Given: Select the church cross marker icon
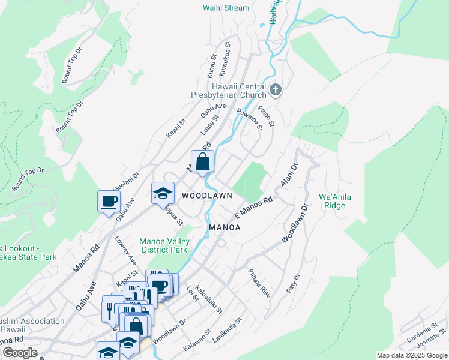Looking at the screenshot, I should (x=276, y=91).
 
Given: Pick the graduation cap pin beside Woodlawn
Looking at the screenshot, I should (x=163, y=193).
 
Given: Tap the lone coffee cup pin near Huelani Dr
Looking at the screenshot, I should (x=109, y=201).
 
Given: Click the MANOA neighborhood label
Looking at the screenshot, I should (x=224, y=227).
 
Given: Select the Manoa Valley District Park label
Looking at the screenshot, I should (x=163, y=245).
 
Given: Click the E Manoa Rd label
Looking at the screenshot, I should (x=253, y=206).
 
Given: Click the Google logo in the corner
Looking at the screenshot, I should (x=20, y=353).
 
